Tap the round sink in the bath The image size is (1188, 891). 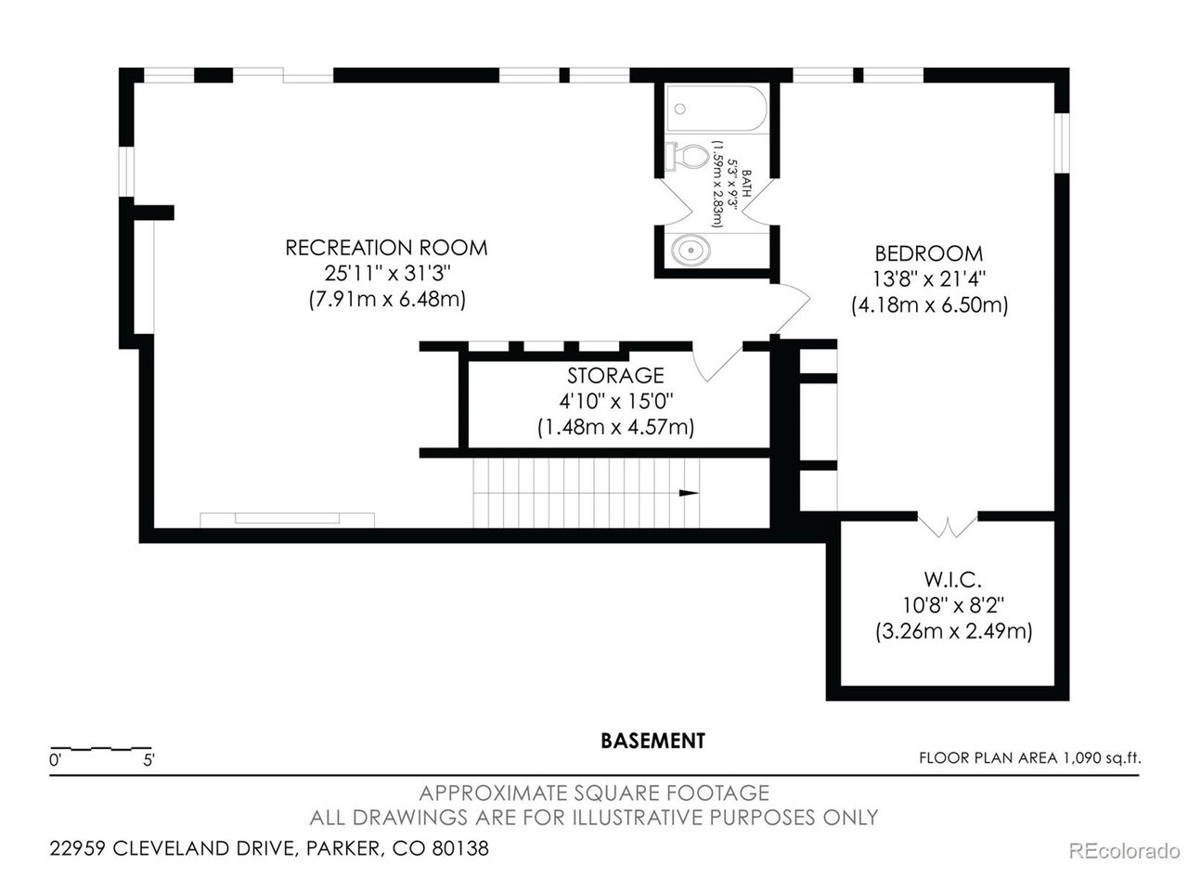coord(691,250)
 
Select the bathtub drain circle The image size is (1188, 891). coord(680,109)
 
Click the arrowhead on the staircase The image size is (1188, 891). coord(689,493)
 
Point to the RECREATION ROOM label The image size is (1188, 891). coord(386,248)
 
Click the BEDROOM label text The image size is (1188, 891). coord(929,253)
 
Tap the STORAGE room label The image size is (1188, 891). coord(615,376)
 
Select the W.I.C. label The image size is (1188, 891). coord(952,579)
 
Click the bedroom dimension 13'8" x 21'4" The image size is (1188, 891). coord(929,279)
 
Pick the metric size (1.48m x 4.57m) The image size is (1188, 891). coord(615,427)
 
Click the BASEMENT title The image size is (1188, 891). coord(652,741)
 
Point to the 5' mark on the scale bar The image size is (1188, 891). coord(148,760)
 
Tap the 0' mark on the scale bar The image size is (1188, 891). coord(55,760)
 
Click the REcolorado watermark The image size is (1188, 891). coord(1124,851)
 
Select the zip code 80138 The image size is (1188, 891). coord(459,848)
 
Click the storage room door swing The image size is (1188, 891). coord(717,361)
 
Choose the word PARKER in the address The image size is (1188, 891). coord(343,848)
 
